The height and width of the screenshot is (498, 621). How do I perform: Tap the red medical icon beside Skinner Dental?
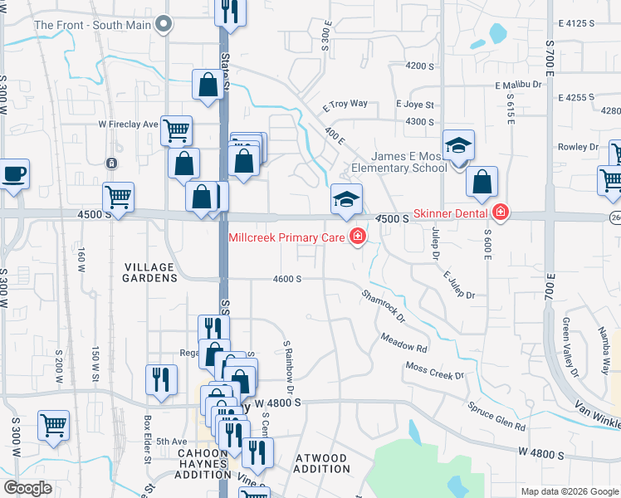coord(500,212)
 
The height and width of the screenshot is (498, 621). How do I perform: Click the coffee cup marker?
coord(14,175)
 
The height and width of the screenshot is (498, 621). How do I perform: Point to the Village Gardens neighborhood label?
coord(149,272)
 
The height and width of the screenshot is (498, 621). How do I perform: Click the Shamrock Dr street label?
coord(383,305)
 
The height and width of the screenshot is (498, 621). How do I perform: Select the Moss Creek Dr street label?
coord(434,371)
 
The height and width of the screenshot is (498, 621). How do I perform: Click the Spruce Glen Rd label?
coord(496,417)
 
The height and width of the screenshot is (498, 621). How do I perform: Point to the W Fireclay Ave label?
coord(128,124)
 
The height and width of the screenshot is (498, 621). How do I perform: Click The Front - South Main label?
coord(92,25)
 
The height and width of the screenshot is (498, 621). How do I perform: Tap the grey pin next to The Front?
coord(164,24)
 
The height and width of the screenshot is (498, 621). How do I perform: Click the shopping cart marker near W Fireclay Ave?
coord(176,129)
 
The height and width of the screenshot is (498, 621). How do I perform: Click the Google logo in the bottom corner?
coord(27,488)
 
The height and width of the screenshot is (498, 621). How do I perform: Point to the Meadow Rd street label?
coord(404,342)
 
